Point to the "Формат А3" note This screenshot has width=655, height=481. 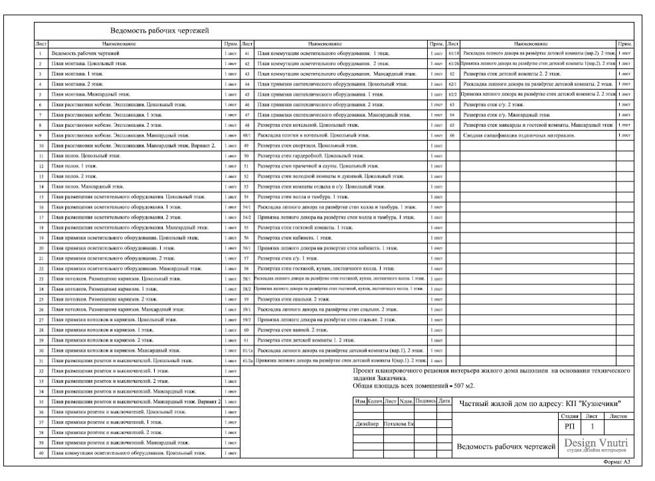coord(616,461)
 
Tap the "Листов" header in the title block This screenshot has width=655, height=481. coord(617,415)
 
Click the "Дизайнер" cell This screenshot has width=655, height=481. coord(367,423)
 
